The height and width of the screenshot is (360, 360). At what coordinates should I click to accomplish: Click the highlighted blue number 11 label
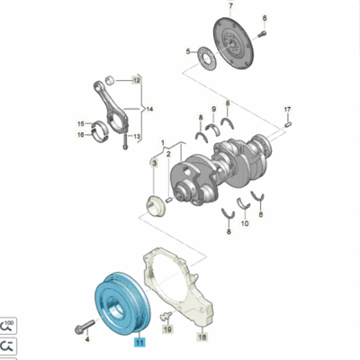coord(140,342)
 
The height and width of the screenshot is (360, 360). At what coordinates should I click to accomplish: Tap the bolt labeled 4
coord(85,327)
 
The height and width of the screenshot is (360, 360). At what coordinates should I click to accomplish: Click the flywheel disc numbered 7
coord(233,43)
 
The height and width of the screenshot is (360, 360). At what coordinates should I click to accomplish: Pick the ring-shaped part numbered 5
coord(206,58)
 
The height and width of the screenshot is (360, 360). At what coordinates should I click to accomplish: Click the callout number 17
coord(287,109)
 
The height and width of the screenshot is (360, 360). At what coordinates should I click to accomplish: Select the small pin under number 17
coord(289,124)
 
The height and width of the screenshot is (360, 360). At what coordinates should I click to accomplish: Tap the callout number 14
coord(149,109)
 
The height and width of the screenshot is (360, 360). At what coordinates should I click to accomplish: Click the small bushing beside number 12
coord(111,81)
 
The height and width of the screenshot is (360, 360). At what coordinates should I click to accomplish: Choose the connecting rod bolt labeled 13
coord(125,141)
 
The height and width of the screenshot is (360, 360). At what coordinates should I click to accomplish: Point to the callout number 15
coord(81,123)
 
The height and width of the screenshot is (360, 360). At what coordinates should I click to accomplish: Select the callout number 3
coord(155,163)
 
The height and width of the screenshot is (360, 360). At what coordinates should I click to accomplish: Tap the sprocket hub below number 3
coord(156,206)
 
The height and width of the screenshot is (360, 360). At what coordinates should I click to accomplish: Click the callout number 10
coord(245,223)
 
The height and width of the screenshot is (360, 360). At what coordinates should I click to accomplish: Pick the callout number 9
coord(214,109)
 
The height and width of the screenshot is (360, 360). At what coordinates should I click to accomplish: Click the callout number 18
coord(202,337)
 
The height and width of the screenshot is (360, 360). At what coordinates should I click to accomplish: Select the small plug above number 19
coord(166,316)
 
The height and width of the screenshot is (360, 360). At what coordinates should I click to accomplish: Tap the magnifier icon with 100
coord(8,326)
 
